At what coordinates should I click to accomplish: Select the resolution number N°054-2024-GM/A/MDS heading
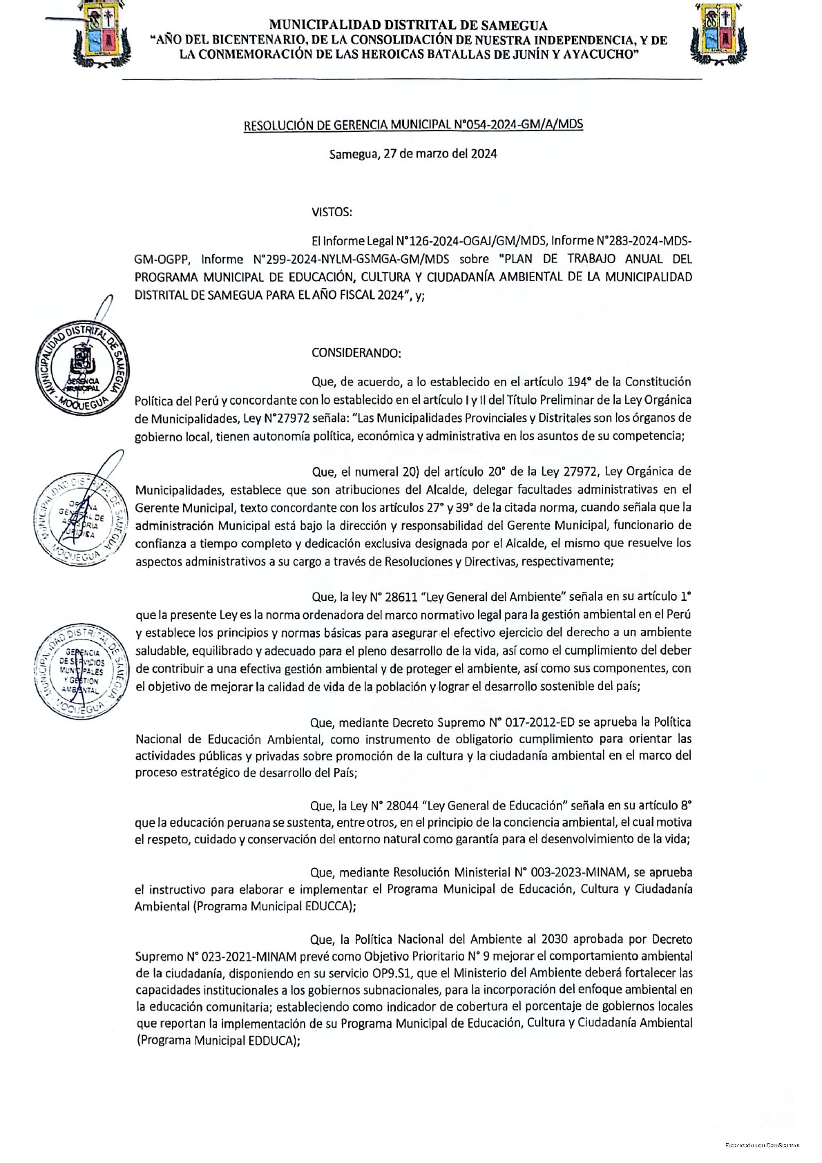(x=414, y=124)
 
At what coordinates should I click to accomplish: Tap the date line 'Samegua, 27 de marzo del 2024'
(x=413, y=154)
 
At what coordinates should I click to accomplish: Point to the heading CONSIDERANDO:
(x=356, y=353)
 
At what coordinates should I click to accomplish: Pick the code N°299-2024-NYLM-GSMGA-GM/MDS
(x=352, y=260)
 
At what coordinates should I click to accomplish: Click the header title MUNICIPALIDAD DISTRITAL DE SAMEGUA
(x=408, y=26)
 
